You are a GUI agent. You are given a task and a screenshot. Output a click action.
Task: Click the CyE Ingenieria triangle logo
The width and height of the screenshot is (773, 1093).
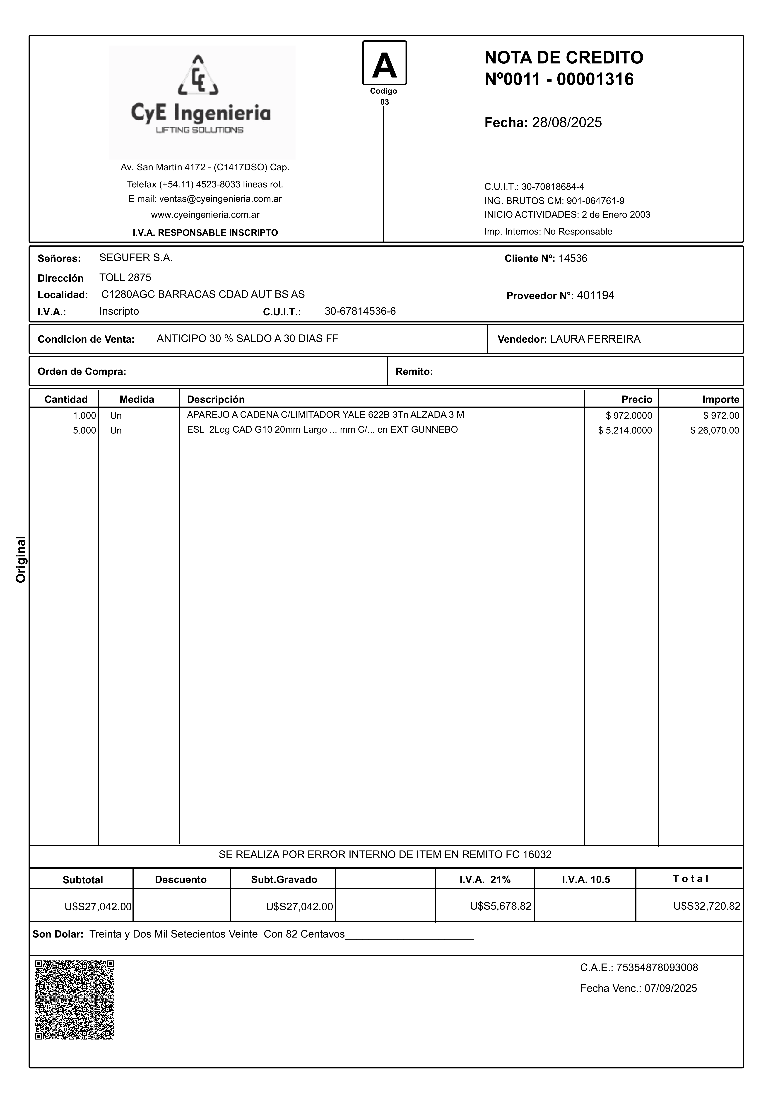198,75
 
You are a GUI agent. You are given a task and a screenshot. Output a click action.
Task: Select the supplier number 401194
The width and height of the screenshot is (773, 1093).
595,296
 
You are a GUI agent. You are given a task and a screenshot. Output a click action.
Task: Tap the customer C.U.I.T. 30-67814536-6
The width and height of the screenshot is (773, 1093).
360,311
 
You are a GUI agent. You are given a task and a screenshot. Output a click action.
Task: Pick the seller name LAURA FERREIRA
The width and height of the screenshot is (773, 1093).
595,339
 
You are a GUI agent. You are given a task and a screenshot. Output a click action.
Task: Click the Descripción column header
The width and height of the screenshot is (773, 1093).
216,399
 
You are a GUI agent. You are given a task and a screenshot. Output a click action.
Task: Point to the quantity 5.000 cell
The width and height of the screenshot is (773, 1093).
84,430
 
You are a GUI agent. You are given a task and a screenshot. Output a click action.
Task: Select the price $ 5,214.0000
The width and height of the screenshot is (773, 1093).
625,430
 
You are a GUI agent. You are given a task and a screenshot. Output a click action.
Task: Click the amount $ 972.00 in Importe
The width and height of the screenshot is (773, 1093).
721,416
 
